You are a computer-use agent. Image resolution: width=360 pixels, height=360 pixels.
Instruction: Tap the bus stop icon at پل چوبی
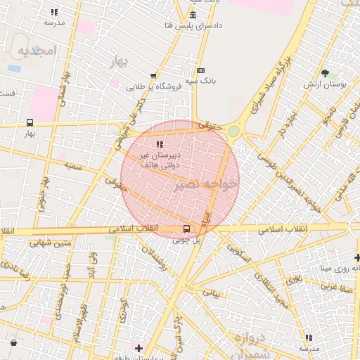186,229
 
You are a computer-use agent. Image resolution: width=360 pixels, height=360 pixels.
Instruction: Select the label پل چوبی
187,240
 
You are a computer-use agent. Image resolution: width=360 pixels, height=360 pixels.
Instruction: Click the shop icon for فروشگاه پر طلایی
153,77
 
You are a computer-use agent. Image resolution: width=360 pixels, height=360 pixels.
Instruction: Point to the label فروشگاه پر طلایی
154,87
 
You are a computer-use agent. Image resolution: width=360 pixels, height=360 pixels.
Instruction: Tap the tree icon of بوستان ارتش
324,72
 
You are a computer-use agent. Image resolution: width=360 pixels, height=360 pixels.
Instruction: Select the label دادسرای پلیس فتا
193,26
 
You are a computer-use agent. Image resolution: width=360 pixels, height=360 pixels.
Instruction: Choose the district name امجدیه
35,51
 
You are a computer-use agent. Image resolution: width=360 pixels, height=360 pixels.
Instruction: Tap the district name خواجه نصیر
209,182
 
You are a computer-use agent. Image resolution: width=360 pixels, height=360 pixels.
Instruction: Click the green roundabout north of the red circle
233,131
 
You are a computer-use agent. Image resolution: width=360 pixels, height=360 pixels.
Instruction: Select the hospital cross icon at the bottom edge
139,348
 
